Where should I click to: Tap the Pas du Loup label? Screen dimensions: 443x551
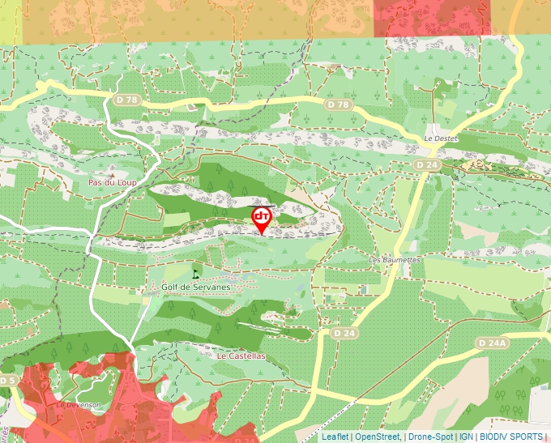[x=113, y=182]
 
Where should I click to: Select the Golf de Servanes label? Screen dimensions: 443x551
[x=196, y=287]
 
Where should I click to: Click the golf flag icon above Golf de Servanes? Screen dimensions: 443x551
[x=195, y=272]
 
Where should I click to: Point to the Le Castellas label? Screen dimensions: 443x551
[x=241, y=356]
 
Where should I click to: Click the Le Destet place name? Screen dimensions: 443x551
[x=441, y=138]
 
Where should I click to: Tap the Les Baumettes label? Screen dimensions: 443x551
[x=395, y=259]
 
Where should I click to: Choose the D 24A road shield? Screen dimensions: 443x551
[x=493, y=343]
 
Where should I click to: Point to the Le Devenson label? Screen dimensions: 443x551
[x=78, y=404]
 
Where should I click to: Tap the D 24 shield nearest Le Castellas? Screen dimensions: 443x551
[x=345, y=333]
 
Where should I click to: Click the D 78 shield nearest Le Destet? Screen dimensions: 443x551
[x=340, y=105]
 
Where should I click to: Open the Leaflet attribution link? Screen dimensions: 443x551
[x=335, y=437]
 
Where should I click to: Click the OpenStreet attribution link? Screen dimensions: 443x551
[x=378, y=437]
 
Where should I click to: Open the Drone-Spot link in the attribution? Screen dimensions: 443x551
[x=431, y=437]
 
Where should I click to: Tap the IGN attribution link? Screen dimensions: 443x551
[x=466, y=437]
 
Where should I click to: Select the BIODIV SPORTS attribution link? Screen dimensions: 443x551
[x=511, y=437]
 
